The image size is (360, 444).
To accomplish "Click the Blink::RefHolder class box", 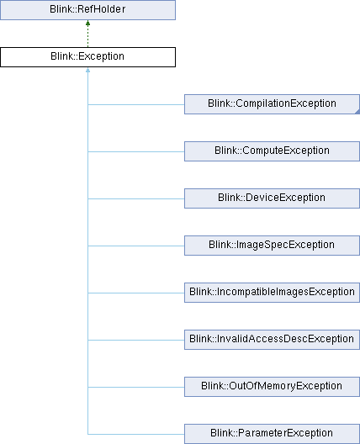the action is [87, 10].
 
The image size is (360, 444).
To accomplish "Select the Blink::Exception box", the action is [87, 57].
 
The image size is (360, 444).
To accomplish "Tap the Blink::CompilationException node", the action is [272, 104].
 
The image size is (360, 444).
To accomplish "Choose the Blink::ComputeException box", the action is [272, 151].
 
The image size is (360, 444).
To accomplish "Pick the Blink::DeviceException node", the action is [272, 198].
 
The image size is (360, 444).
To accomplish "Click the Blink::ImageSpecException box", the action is [272, 246].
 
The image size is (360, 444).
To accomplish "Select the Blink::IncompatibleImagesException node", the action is [272, 293].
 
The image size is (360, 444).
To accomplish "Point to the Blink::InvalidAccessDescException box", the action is [272, 340].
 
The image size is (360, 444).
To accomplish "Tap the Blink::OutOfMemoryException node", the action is [272, 387].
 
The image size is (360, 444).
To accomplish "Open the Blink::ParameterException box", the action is [272, 434].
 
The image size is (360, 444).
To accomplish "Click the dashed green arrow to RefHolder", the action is [87, 34].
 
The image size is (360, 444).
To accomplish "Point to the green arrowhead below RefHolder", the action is [87, 24].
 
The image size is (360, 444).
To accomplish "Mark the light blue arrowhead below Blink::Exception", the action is [87, 70].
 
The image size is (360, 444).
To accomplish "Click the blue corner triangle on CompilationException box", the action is [357, 112].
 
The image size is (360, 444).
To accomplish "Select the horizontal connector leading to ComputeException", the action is [136, 151].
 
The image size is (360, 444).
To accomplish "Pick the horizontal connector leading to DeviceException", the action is [136, 198].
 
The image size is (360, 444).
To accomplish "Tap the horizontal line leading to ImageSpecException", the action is [136, 246].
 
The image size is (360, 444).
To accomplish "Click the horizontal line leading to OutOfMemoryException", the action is [136, 387].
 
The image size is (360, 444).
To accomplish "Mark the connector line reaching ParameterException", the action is [136, 434].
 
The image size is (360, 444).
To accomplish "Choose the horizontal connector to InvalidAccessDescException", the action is [136, 340].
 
